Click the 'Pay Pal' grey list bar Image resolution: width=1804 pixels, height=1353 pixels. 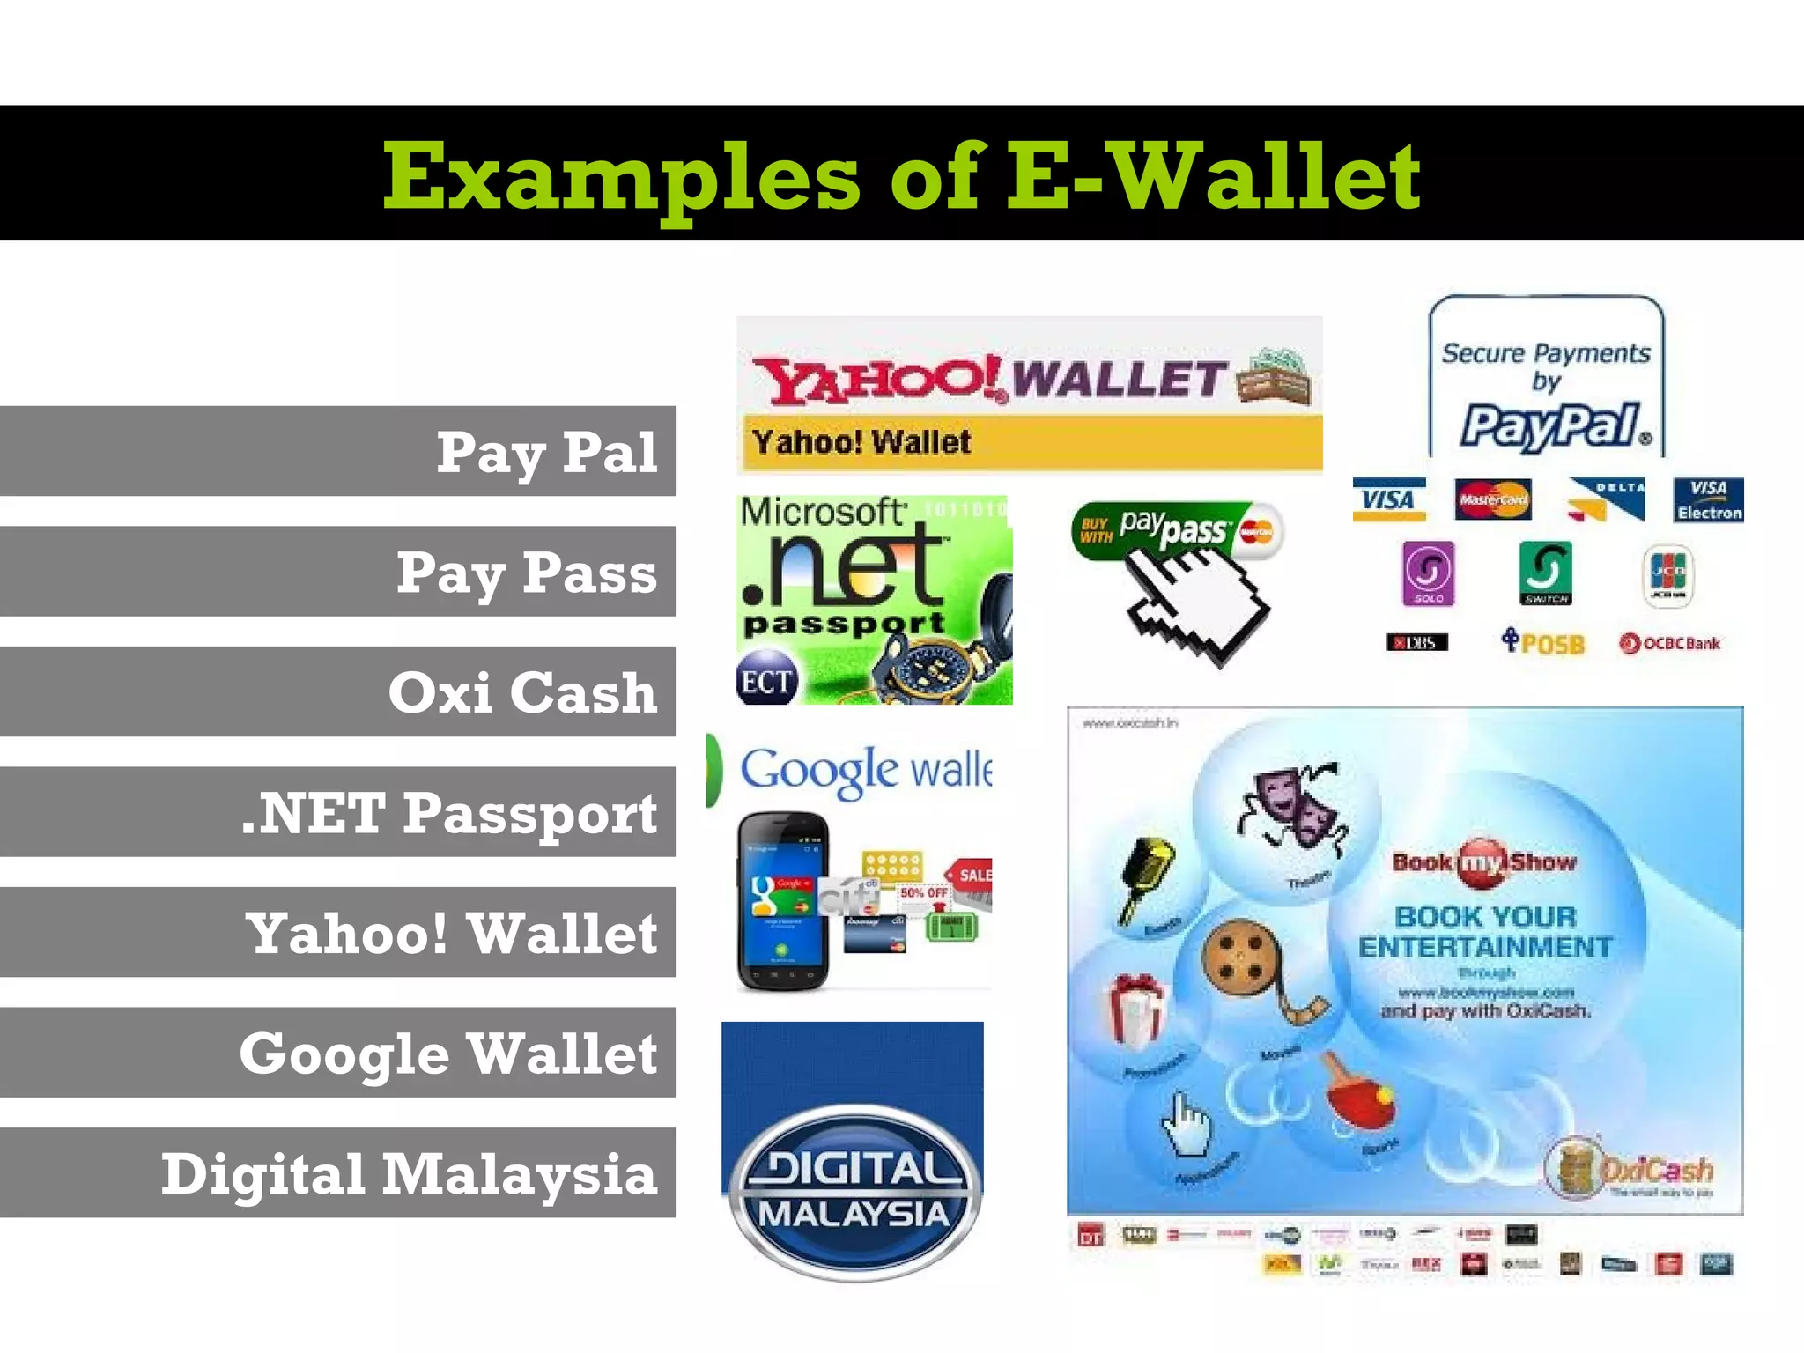pos(338,451)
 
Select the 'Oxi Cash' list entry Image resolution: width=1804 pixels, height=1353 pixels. pos(338,691)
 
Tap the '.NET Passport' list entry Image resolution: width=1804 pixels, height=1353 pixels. pos(338,811)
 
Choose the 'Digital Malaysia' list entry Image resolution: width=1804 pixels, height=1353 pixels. pos(338,1172)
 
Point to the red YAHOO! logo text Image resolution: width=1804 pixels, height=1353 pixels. pos(877,379)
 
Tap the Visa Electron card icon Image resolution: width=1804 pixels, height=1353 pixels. pos(1708,500)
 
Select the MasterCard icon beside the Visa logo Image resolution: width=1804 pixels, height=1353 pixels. pos(1492,499)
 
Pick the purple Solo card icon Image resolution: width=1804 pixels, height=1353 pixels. pos(1428,573)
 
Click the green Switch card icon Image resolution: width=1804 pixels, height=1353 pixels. pos(1546,573)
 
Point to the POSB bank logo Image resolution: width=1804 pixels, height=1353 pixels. pos(1543,642)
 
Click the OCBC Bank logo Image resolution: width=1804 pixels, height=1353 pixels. pos(1669,643)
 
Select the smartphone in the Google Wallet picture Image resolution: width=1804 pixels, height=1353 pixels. pos(783,900)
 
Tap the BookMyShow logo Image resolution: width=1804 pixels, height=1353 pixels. pos(1484,861)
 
